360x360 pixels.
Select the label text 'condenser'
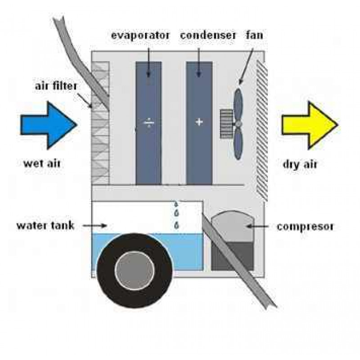[207, 35]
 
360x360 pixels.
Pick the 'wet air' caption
[42, 163]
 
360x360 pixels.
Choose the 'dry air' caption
[300, 164]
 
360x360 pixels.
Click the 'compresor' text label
[305, 226]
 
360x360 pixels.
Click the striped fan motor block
[225, 123]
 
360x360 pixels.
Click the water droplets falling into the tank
[177, 214]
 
